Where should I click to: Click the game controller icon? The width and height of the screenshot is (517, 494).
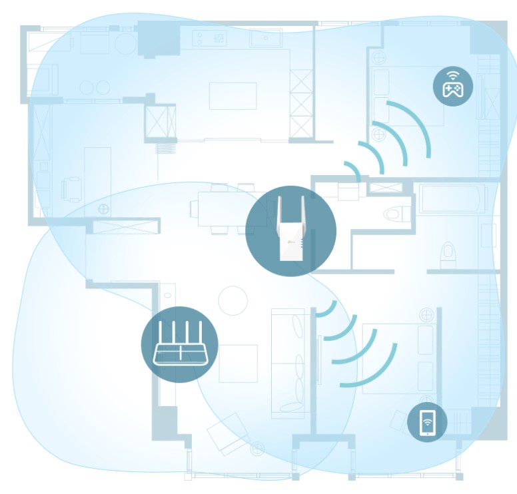[453, 89]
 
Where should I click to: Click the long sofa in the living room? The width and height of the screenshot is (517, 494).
[287, 363]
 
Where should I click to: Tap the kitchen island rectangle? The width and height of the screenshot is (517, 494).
[233, 96]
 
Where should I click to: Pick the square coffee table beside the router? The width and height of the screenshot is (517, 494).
[238, 364]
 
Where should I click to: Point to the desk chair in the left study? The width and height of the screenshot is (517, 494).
[70, 189]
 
